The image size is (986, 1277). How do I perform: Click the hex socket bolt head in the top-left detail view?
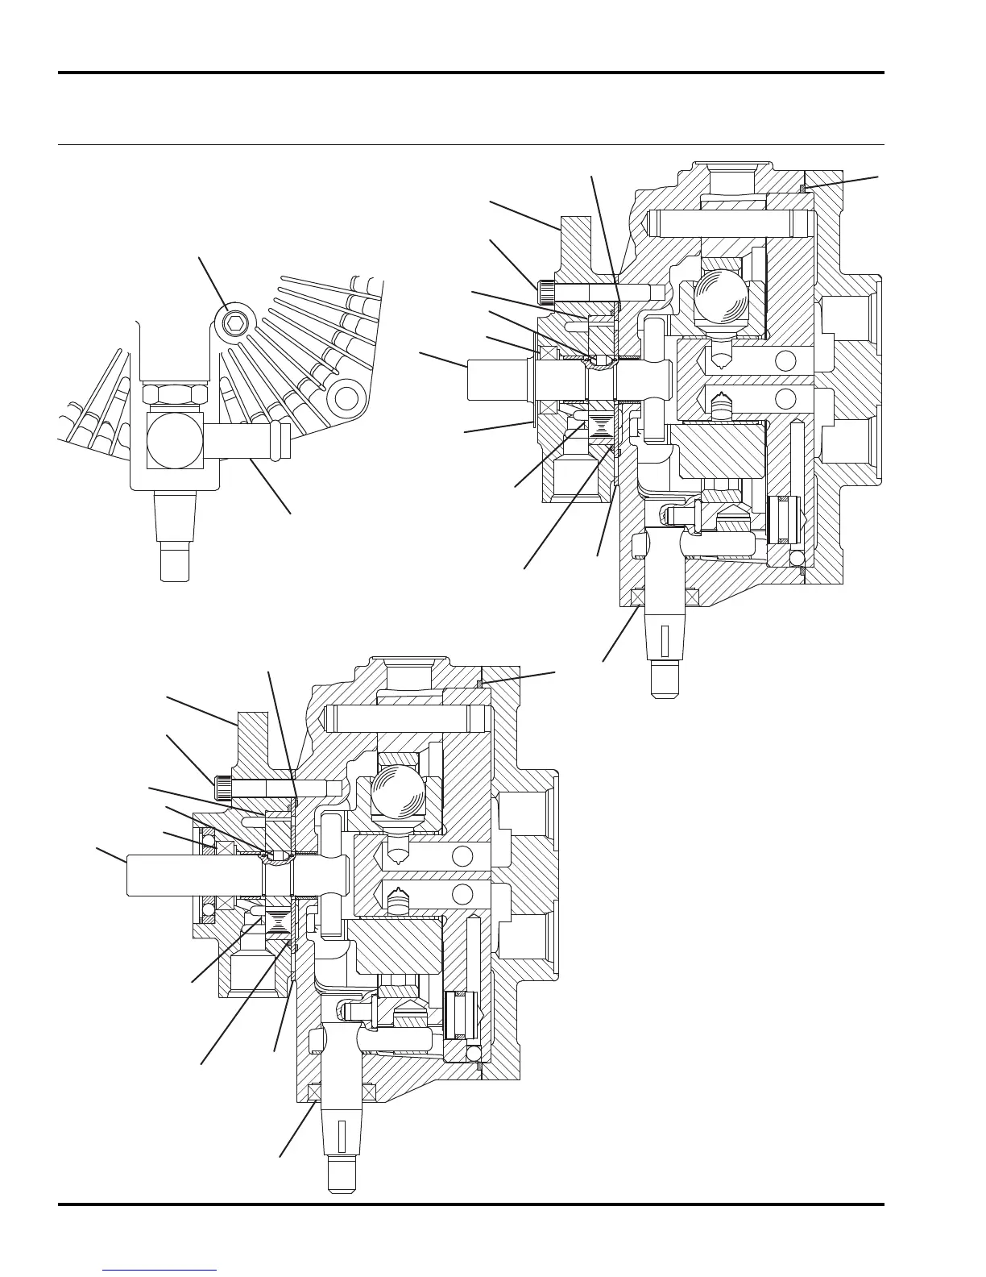234,323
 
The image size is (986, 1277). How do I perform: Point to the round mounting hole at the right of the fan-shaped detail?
346,397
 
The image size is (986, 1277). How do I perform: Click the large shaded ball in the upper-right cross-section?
723,298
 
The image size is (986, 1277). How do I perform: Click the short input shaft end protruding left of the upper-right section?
495,377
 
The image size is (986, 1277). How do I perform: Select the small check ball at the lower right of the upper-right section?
796,558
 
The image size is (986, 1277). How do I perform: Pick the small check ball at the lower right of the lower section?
474,1053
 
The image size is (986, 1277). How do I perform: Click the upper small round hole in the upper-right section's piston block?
784,360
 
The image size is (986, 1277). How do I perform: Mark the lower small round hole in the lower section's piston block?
462,893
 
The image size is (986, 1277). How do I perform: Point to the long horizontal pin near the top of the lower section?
407,714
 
